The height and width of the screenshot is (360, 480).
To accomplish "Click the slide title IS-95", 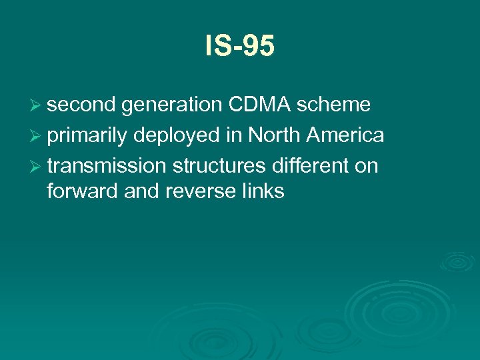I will click(239, 47).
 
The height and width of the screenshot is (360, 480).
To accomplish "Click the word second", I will click(82, 105).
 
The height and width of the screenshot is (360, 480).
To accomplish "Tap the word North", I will click(275, 135).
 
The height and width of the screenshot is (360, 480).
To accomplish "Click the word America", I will click(345, 135).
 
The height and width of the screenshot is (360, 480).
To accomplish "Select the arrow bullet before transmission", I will click(37, 166).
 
